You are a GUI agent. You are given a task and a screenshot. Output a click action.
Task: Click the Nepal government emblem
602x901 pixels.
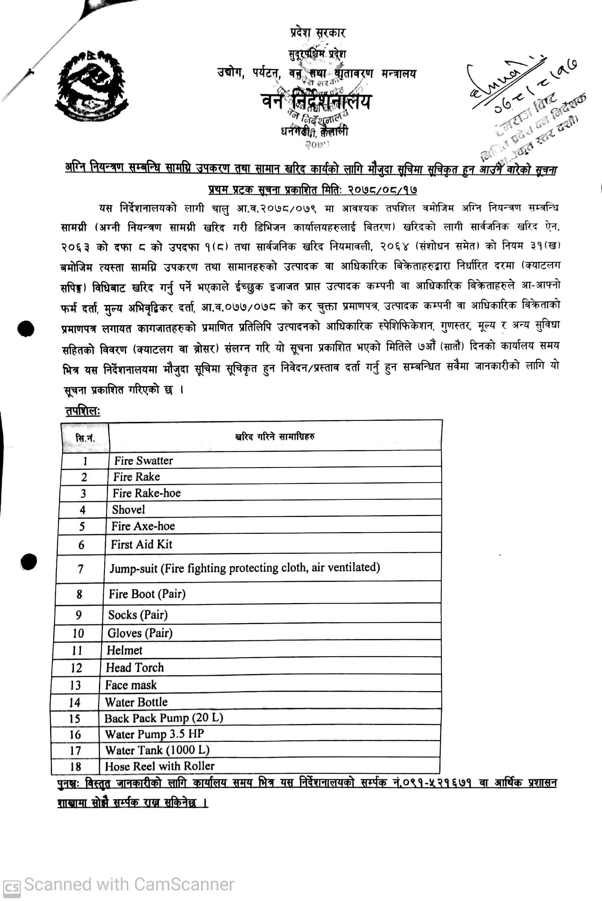click(91, 85)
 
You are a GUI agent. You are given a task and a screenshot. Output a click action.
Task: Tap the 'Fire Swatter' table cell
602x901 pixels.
click(144, 460)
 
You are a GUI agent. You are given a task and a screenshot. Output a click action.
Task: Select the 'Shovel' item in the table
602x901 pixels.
click(128, 510)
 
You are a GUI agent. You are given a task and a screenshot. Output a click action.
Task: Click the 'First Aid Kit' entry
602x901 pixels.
click(141, 544)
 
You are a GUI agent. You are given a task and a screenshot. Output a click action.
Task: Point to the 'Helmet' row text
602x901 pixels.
click(125, 650)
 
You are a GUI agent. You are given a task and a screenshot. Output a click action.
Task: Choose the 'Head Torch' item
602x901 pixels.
click(134, 667)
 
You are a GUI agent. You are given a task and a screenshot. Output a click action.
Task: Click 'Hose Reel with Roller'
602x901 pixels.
click(159, 766)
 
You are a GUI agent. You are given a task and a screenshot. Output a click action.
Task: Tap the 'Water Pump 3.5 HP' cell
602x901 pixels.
click(154, 734)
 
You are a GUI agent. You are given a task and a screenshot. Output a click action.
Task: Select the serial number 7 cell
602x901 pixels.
click(80, 569)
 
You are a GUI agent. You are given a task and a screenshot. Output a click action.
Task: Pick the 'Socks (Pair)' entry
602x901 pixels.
click(138, 615)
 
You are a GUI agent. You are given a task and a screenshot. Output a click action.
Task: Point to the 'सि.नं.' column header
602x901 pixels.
click(85, 438)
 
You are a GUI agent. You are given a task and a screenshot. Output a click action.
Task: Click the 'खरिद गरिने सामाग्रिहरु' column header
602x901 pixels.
click(275, 436)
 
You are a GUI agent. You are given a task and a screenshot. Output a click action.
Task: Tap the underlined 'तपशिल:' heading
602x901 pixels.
click(82, 411)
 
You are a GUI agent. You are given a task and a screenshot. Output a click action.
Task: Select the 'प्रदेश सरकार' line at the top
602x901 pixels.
click(318, 33)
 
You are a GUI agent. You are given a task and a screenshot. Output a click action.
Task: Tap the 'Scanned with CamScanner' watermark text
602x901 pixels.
click(129, 884)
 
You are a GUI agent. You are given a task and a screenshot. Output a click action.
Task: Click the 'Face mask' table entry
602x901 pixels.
click(131, 684)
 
